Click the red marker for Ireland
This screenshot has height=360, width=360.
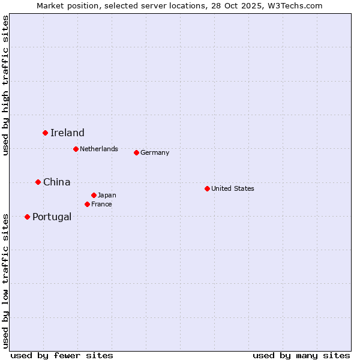tap(45, 133)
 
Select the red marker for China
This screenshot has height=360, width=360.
tap(38, 182)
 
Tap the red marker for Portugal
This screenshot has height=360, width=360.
tap(27, 217)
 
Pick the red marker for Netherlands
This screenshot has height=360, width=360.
tap(76, 149)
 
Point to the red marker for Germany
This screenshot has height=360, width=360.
tap(136, 152)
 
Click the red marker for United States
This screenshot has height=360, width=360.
tap(207, 188)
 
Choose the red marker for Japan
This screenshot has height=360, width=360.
tap(94, 195)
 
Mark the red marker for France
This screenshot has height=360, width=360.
tap(87, 204)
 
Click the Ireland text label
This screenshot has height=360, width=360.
tap(67, 133)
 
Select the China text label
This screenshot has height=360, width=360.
tap(57, 182)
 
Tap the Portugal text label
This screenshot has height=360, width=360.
tap(52, 217)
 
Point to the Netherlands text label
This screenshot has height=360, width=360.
tap(99, 149)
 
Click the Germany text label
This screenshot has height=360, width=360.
tap(155, 153)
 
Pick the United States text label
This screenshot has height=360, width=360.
tap(233, 189)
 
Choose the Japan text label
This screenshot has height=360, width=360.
tap(107, 196)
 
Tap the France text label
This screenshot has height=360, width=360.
tap(101, 205)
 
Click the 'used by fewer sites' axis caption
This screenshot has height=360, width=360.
tap(62, 355)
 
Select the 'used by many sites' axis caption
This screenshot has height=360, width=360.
tap(301, 355)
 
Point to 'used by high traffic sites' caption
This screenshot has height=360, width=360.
tap(5, 85)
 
